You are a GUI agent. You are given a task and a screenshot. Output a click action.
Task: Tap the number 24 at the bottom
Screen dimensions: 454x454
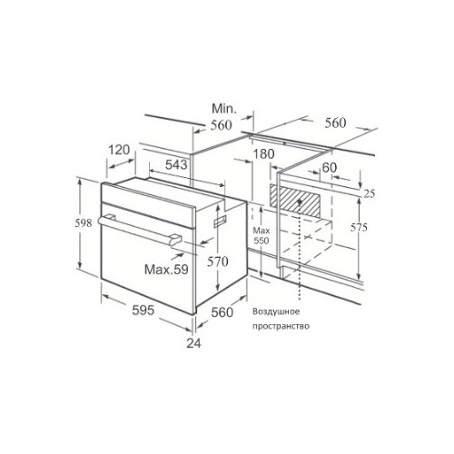(x=193, y=342)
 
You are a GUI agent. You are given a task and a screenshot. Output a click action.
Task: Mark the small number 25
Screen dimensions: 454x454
(x=369, y=194)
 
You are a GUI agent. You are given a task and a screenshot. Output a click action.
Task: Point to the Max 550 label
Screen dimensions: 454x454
(x=261, y=239)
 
